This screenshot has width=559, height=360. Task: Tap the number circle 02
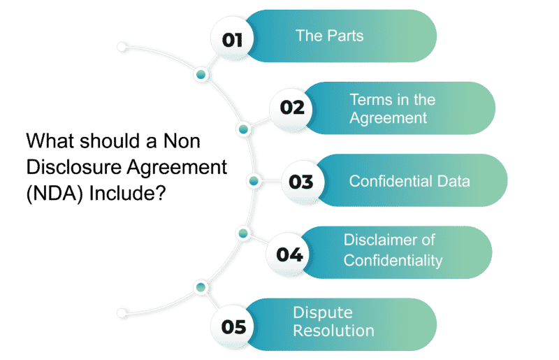291,108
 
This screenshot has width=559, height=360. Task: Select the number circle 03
300,182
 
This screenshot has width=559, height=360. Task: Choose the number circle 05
231,326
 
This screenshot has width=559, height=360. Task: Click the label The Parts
329,36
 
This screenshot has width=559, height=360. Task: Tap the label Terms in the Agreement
391,109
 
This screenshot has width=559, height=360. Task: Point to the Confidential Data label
409,181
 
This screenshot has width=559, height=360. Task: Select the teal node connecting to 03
254,182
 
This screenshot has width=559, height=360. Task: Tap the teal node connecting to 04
242,233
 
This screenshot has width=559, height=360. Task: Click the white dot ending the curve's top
122,48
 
